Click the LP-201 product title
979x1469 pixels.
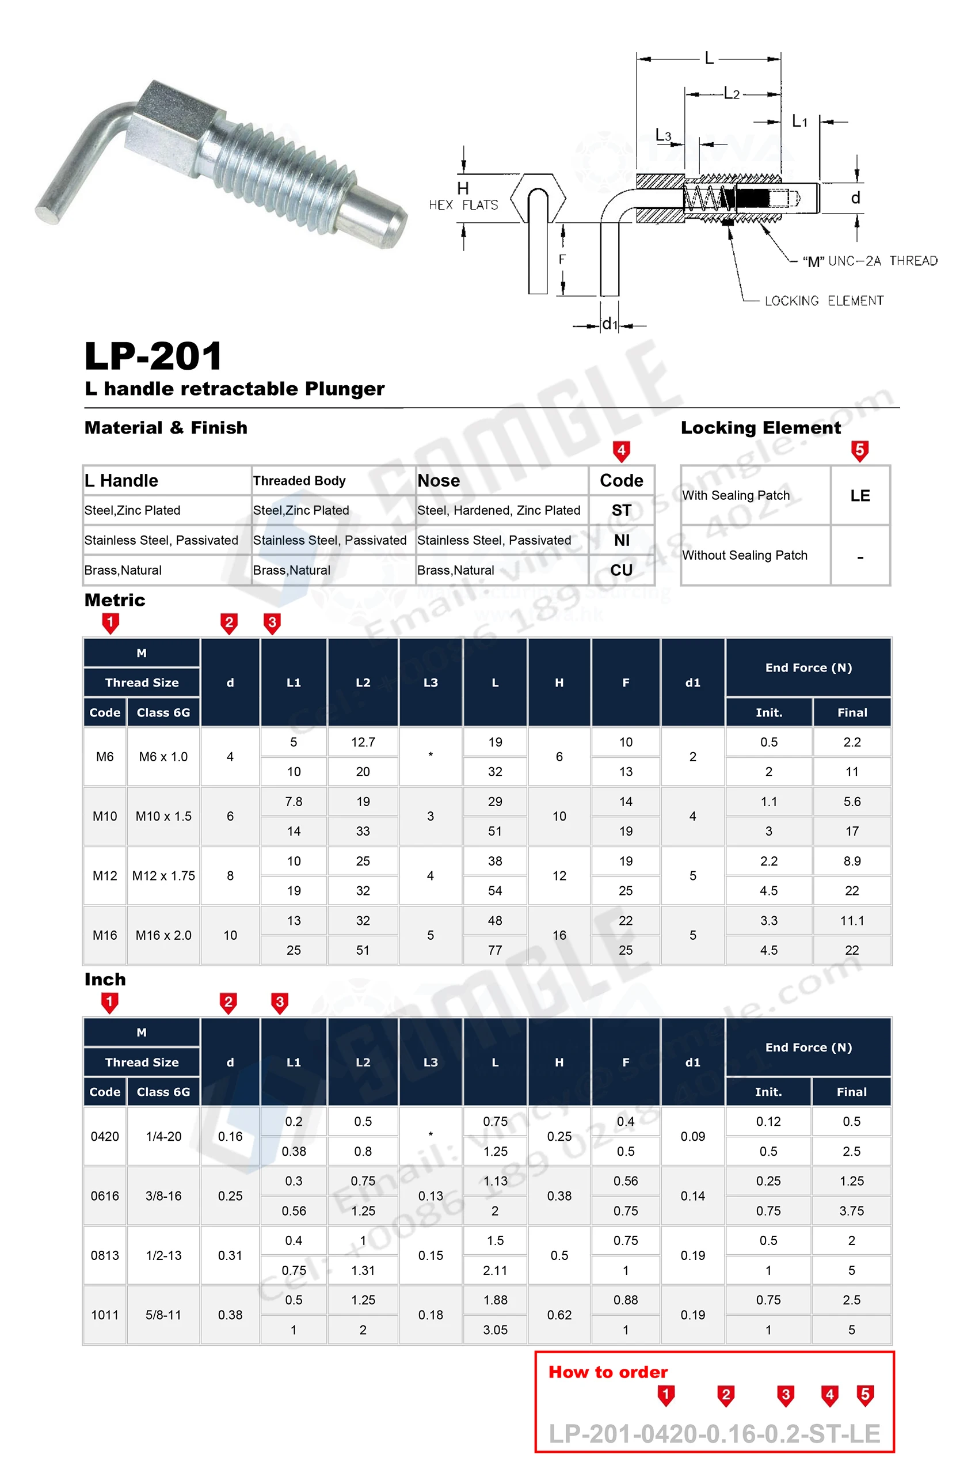[153, 356]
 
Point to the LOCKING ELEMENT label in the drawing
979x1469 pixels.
[824, 301]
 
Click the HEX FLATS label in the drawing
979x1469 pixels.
[463, 205]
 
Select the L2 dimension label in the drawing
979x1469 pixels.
[731, 94]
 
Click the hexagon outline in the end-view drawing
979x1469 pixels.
[538, 198]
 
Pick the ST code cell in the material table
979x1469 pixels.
[621, 510]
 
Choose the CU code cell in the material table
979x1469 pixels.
[621, 570]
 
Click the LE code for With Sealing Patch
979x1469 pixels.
[860, 495]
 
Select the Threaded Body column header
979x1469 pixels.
[299, 480]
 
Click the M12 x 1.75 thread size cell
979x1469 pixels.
[163, 876]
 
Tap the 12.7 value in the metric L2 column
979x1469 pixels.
[363, 742]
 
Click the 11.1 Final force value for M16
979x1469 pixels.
[852, 920]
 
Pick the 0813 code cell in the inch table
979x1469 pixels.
[105, 1255]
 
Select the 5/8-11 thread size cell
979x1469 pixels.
[163, 1315]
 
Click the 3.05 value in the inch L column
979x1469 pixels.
[495, 1330]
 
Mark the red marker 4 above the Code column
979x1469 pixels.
[621, 450]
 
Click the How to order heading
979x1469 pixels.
[608, 1372]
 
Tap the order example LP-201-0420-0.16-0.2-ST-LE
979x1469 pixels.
[714, 1434]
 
